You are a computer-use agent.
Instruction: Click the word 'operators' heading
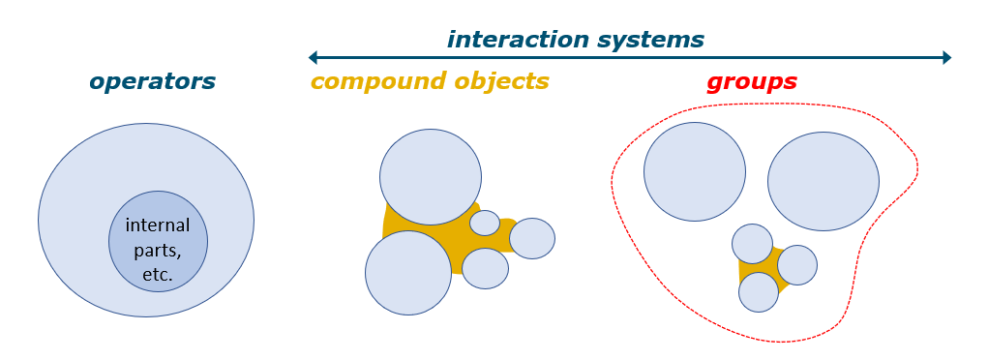click(152, 81)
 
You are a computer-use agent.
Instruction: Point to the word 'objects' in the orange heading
click(499, 80)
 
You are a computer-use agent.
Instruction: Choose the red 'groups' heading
click(751, 81)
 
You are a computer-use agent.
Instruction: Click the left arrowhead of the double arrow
click(313, 57)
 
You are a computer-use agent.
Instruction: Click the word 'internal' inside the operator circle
click(158, 225)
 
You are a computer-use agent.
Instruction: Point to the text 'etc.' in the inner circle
click(158, 274)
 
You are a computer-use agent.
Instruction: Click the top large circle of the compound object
click(431, 176)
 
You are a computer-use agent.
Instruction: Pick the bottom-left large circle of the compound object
click(408, 272)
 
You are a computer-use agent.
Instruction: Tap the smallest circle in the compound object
click(485, 223)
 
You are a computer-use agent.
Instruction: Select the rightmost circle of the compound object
click(531, 238)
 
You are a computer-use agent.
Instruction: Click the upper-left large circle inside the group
click(694, 171)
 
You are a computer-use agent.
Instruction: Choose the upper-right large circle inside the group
click(823, 181)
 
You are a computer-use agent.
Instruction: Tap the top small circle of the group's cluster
click(752, 244)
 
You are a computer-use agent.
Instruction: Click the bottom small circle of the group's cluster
click(758, 291)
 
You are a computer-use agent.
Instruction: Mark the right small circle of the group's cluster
click(797, 264)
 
